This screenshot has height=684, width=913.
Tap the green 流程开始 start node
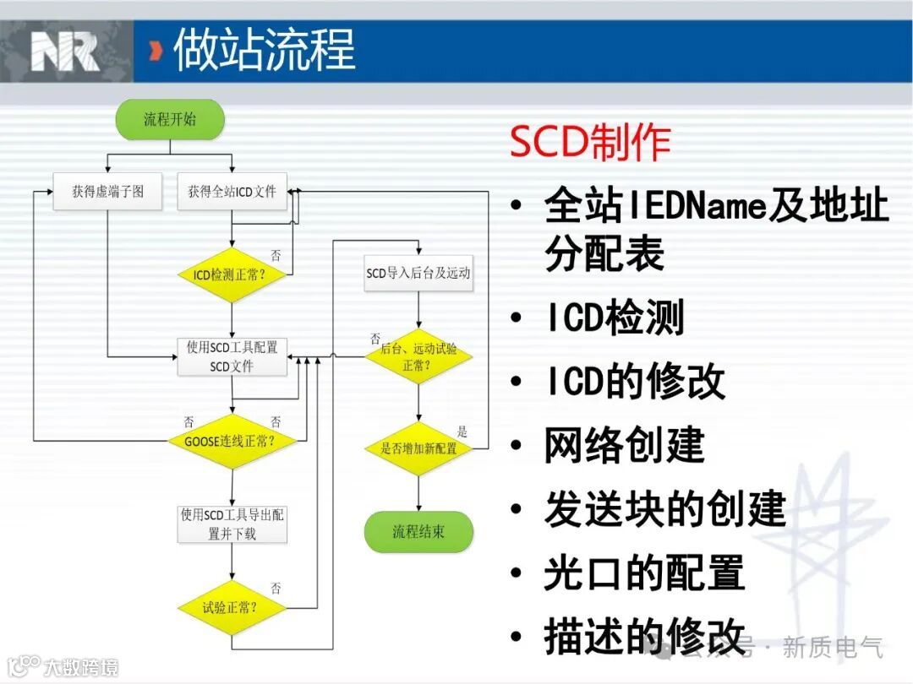click(170, 119)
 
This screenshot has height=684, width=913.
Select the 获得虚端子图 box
click(107, 192)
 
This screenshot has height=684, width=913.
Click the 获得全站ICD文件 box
click(232, 192)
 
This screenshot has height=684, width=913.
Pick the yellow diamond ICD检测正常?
click(231, 274)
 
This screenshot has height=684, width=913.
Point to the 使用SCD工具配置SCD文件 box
click(232, 356)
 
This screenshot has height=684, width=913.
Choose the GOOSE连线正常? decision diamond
click(231, 441)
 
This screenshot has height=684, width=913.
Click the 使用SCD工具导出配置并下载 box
click(232, 524)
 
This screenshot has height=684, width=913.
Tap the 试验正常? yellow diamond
click(231, 607)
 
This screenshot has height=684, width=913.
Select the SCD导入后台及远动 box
click(418, 273)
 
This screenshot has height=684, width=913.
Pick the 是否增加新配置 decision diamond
click(418, 448)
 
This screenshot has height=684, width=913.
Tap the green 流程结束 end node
click(418, 532)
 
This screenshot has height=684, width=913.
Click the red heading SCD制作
click(590, 143)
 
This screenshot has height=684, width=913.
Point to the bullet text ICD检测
click(614, 318)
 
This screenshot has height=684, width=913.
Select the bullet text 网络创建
click(624, 445)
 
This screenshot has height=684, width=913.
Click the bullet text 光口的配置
click(644, 573)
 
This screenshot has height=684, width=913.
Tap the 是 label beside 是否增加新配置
click(462, 432)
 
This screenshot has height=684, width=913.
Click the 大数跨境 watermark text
click(81, 666)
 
